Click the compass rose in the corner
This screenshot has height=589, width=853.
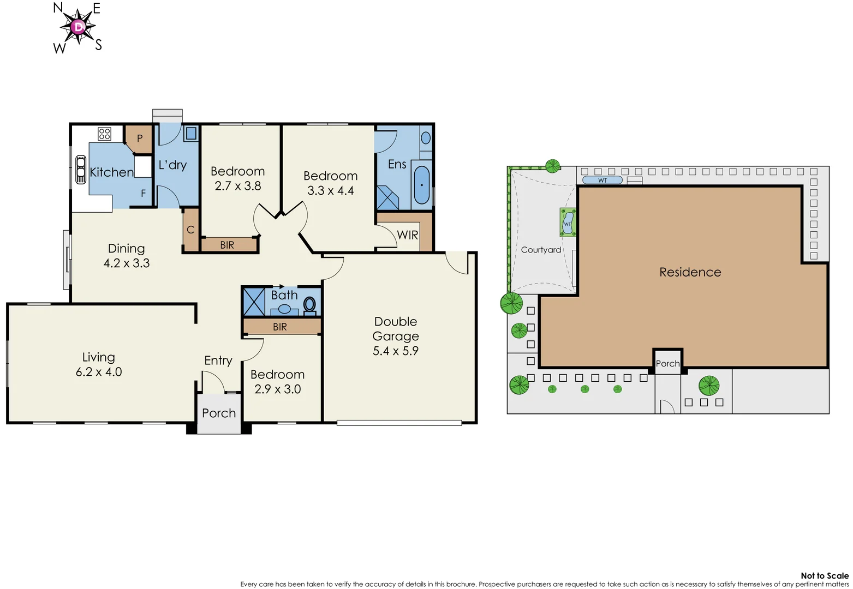click(79, 27)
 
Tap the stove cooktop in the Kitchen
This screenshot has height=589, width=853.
click(104, 134)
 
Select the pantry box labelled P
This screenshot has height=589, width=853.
click(139, 139)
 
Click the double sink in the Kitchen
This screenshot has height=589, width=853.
click(81, 169)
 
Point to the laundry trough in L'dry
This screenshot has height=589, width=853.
click(191, 133)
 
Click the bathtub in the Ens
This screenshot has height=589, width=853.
click(421, 185)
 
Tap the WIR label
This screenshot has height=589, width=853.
click(407, 235)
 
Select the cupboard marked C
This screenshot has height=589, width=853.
click(190, 230)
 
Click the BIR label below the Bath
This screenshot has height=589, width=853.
click(280, 327)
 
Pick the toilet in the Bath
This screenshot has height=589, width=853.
click(309, 304)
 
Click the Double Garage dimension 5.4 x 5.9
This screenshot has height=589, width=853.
click(396, 351)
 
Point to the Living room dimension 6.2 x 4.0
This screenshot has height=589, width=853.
click(99, 372)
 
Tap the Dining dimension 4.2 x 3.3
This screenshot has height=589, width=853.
click(127, 263)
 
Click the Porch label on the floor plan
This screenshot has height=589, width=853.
click(219, 413)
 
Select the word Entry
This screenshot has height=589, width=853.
click(218, 360)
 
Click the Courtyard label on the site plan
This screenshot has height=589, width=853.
click(541, 250)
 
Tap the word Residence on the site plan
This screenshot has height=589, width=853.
click(690, 272)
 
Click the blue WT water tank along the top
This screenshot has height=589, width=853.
click(602, 180)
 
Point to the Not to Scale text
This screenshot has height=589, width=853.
click(824, 575)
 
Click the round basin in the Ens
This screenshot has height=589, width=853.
click(426, 139)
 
